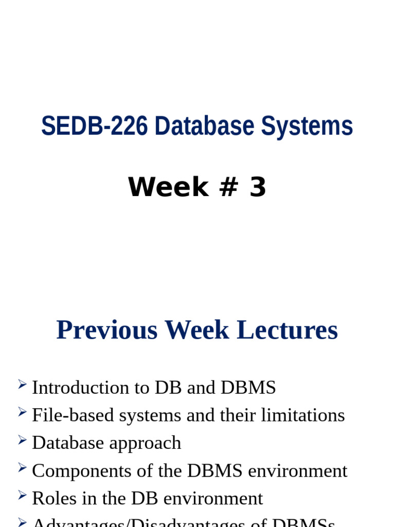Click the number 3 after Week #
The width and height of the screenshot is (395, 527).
click(258, 187)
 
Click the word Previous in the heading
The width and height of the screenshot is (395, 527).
click(107, 330)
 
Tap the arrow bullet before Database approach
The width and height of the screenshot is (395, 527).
click(22, 439)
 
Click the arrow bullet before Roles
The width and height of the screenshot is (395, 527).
click(22, 495)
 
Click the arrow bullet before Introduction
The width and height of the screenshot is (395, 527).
click(22, 383)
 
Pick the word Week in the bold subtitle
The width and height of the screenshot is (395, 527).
click(168, 187)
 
